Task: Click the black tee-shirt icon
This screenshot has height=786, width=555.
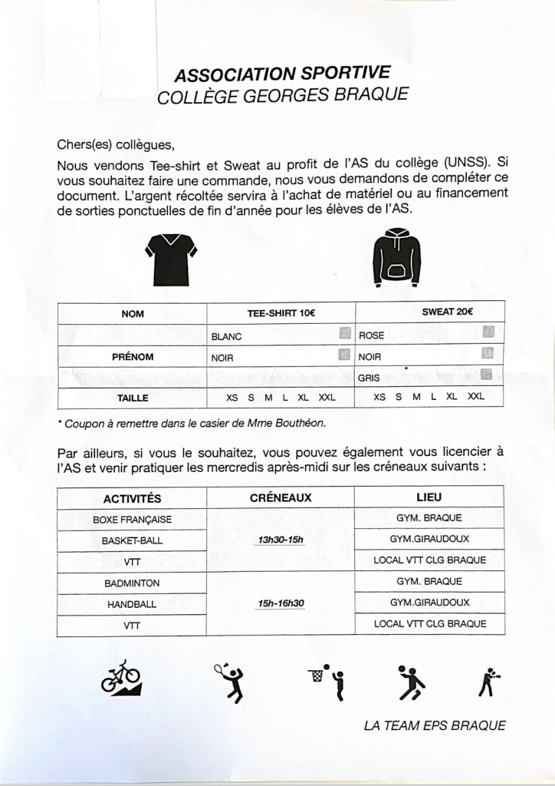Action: tap(172, 258)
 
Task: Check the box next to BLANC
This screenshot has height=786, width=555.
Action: tap(344, 335)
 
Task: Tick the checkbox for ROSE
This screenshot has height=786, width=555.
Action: tap(488, 334)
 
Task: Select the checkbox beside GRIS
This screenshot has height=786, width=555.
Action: tap(485, 375)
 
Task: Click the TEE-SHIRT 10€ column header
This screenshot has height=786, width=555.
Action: tap(281, 313)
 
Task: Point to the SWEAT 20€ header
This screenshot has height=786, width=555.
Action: tap(458, 312)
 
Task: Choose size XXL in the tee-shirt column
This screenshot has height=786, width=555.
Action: tap(327, 398)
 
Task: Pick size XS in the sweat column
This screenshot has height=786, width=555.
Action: tap(379, 398)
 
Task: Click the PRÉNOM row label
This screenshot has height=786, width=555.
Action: tap(133, 357)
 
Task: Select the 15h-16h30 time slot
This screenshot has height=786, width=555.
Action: tap(281, 603)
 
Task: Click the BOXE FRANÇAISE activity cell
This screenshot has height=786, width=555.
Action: tap(132, 520)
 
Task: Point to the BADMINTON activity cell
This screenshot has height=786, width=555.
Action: tap(132, 584)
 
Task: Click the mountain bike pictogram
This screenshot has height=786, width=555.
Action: tap(121, 676)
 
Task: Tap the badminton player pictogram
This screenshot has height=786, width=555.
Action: tap(228, 680)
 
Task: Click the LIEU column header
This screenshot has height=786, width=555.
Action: tap(429, 497)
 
